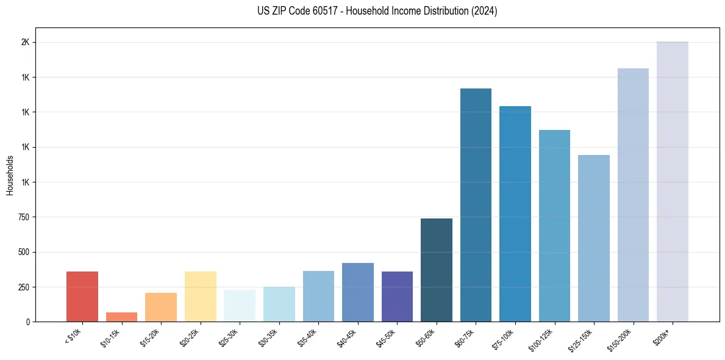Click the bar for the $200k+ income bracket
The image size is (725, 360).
coord(672,182)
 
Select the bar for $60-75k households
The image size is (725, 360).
coord(476,205)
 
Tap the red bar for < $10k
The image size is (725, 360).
coord(82,297)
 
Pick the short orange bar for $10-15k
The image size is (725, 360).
coord(121,317)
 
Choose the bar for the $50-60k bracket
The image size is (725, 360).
coord(437,270)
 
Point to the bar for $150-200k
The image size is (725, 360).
coord(633,195)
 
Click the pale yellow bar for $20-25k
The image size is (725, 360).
coord(200,297)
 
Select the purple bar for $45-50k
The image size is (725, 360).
coord(397,297)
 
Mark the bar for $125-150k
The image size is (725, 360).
coord(593,238)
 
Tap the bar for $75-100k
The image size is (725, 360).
coord(515,214)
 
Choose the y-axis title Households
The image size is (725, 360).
coord(10,175)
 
